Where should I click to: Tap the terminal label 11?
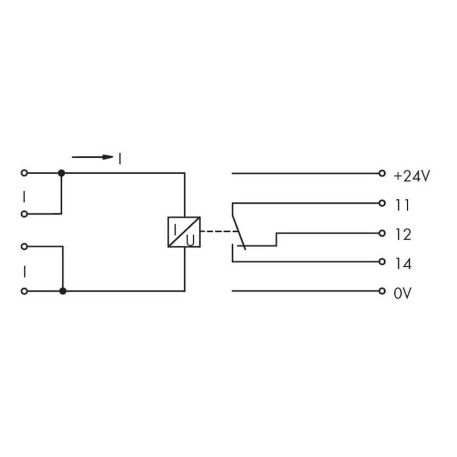point(402,206)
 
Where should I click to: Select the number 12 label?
point(402,235)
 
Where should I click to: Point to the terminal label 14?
point(402,264)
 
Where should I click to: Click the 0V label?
point(403,293)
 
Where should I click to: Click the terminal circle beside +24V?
point(382,174)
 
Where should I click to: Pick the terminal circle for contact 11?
point(382,203)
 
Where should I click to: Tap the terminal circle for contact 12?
point(382,233)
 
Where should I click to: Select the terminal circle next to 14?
point(382,262)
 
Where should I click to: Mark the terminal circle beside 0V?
point(382,291)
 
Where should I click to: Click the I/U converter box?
point(184,232)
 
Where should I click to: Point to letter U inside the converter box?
point(191,239)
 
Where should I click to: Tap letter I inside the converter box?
point(175,226)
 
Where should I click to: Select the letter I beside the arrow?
point(120,159)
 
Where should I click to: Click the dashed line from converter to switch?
point(218,232)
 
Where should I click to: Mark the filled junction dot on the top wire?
point(62,173)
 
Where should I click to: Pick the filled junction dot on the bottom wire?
point(63,291)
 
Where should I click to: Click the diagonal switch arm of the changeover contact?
point(239,231)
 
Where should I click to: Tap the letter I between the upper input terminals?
point(25,197)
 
